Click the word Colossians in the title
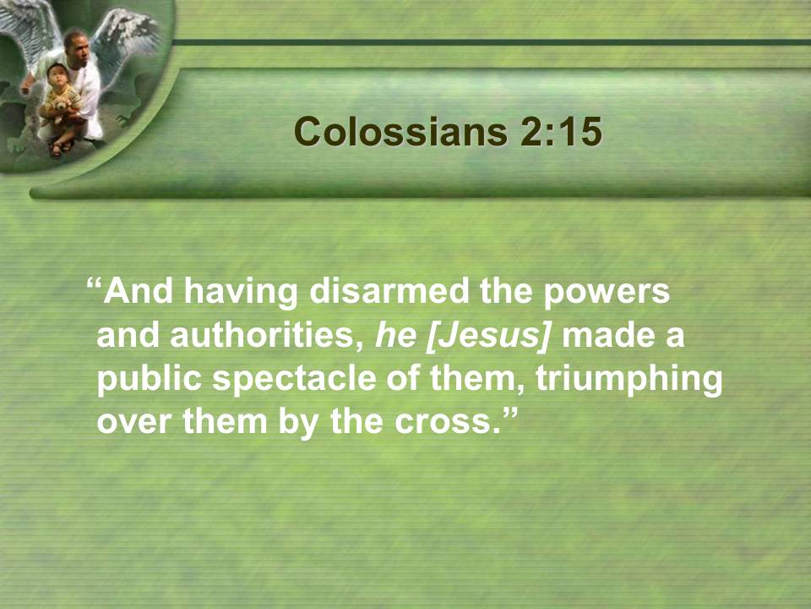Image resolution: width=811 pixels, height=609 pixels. coord(400,132)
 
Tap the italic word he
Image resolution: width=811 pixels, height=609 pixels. coord(395,336)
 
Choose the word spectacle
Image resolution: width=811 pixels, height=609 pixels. coord(295,380)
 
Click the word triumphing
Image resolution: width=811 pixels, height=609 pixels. coord(629,380)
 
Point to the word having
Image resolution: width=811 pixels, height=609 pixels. coord(241,293)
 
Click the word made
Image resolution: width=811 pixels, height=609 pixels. coord(607,336)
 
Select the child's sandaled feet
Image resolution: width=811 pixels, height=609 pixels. coord(61,148)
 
